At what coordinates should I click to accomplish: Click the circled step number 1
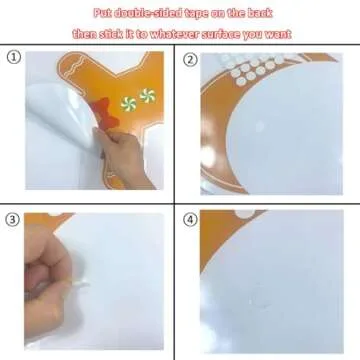point(13,57)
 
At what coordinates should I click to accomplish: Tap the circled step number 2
point(190,60)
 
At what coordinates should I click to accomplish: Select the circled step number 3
point(13,220)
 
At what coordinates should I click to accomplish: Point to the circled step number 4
point(190,220)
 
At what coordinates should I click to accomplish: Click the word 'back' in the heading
point(260,13)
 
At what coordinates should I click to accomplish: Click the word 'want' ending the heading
point(278,35)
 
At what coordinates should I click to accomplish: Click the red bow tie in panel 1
point(106,112)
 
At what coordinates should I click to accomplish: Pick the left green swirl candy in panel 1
point(129,104)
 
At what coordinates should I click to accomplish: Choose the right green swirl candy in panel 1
point(147,96)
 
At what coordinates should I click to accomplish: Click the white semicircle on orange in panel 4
point(245,214)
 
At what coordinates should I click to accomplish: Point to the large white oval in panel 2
point(283,127)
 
